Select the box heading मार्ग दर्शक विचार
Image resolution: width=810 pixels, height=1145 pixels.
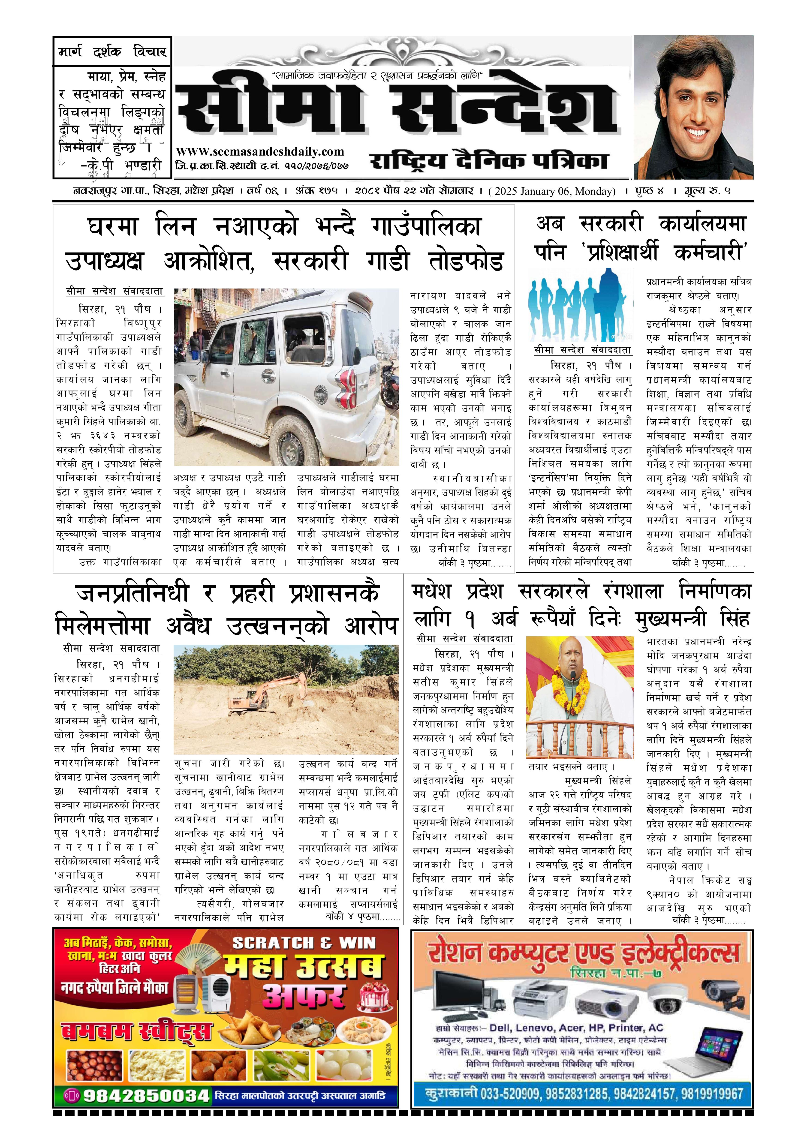click(112, 51)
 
